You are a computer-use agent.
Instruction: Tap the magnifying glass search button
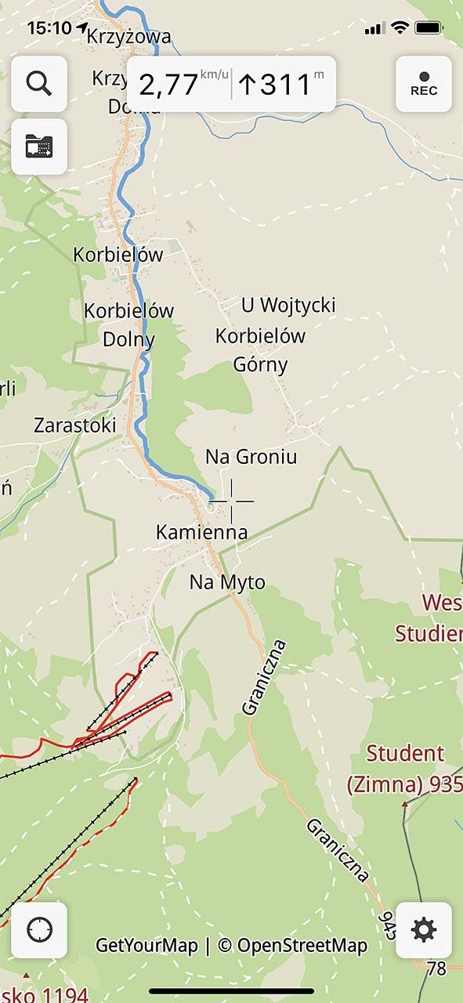click(38, 83)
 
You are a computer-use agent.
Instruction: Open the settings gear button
click(423, 930)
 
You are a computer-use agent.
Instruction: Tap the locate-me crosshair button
click(38, 930)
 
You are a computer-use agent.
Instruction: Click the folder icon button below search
click(38, 147)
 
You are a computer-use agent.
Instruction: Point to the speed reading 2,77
click(168, 84)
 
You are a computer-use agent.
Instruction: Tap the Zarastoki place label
click(74, 425)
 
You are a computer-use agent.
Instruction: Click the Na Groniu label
click(251, 456)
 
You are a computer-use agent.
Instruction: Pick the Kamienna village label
click(201, 533)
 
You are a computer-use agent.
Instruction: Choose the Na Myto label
click(227, 582)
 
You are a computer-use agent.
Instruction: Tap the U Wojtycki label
click(288, 304)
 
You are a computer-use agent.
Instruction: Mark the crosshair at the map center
click(231, 501)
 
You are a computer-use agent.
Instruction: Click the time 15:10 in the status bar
click(49, 28)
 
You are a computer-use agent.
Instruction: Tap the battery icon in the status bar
click(429, 28)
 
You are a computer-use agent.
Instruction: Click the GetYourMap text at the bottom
click(146, 946)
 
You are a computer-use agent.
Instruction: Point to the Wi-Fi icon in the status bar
click(400, 28)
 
